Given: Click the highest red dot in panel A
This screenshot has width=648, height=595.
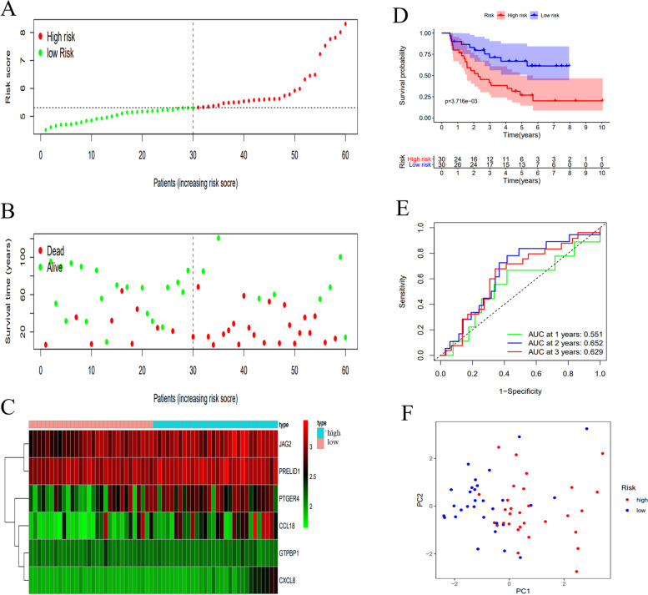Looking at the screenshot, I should [345, 23].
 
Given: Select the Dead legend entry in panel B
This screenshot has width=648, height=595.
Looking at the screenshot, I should [55, 251].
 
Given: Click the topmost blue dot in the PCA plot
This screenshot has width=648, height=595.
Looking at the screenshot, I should [587, 429].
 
